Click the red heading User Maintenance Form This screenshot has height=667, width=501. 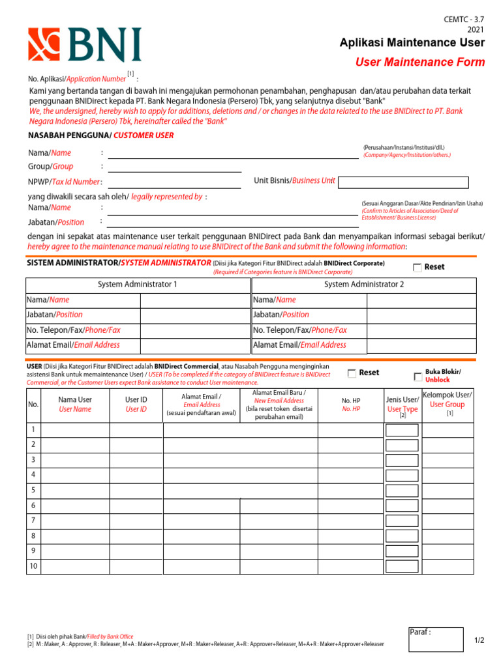[419, 63]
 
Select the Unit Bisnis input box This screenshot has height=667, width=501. [403, 182]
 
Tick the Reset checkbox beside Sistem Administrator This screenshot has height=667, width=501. [417, 268]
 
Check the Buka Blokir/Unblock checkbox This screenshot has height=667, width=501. [417, 376]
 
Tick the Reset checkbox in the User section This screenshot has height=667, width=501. [352, 373]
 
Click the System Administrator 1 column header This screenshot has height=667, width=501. [137, 285]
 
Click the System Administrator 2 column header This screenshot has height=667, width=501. [364, 285]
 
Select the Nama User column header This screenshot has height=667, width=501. [75, 404]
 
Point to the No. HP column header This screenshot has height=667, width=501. [351, 405]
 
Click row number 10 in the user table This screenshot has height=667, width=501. [33, 566]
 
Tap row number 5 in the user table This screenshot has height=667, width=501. [33, 490]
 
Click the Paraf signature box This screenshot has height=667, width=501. [436, 640]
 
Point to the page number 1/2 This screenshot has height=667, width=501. [479, 641]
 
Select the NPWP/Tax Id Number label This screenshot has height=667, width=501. [64, 182]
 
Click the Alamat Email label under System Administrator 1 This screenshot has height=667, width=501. [73, 345]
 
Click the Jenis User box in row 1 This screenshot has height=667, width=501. [401, 430]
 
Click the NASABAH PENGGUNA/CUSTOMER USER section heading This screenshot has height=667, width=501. [100, 135]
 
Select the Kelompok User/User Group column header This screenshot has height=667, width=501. [448, 400]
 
